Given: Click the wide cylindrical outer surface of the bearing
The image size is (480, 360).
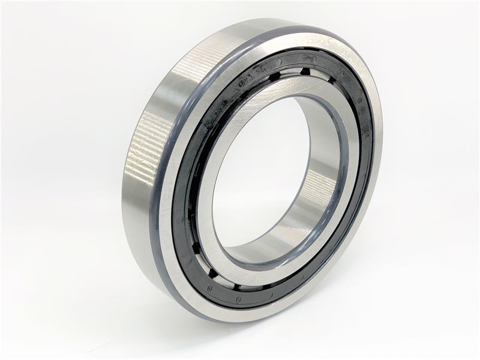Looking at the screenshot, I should click(144, 180).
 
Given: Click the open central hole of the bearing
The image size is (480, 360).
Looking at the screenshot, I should click(258, 174).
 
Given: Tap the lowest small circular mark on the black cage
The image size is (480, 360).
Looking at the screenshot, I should click(238, 299).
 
